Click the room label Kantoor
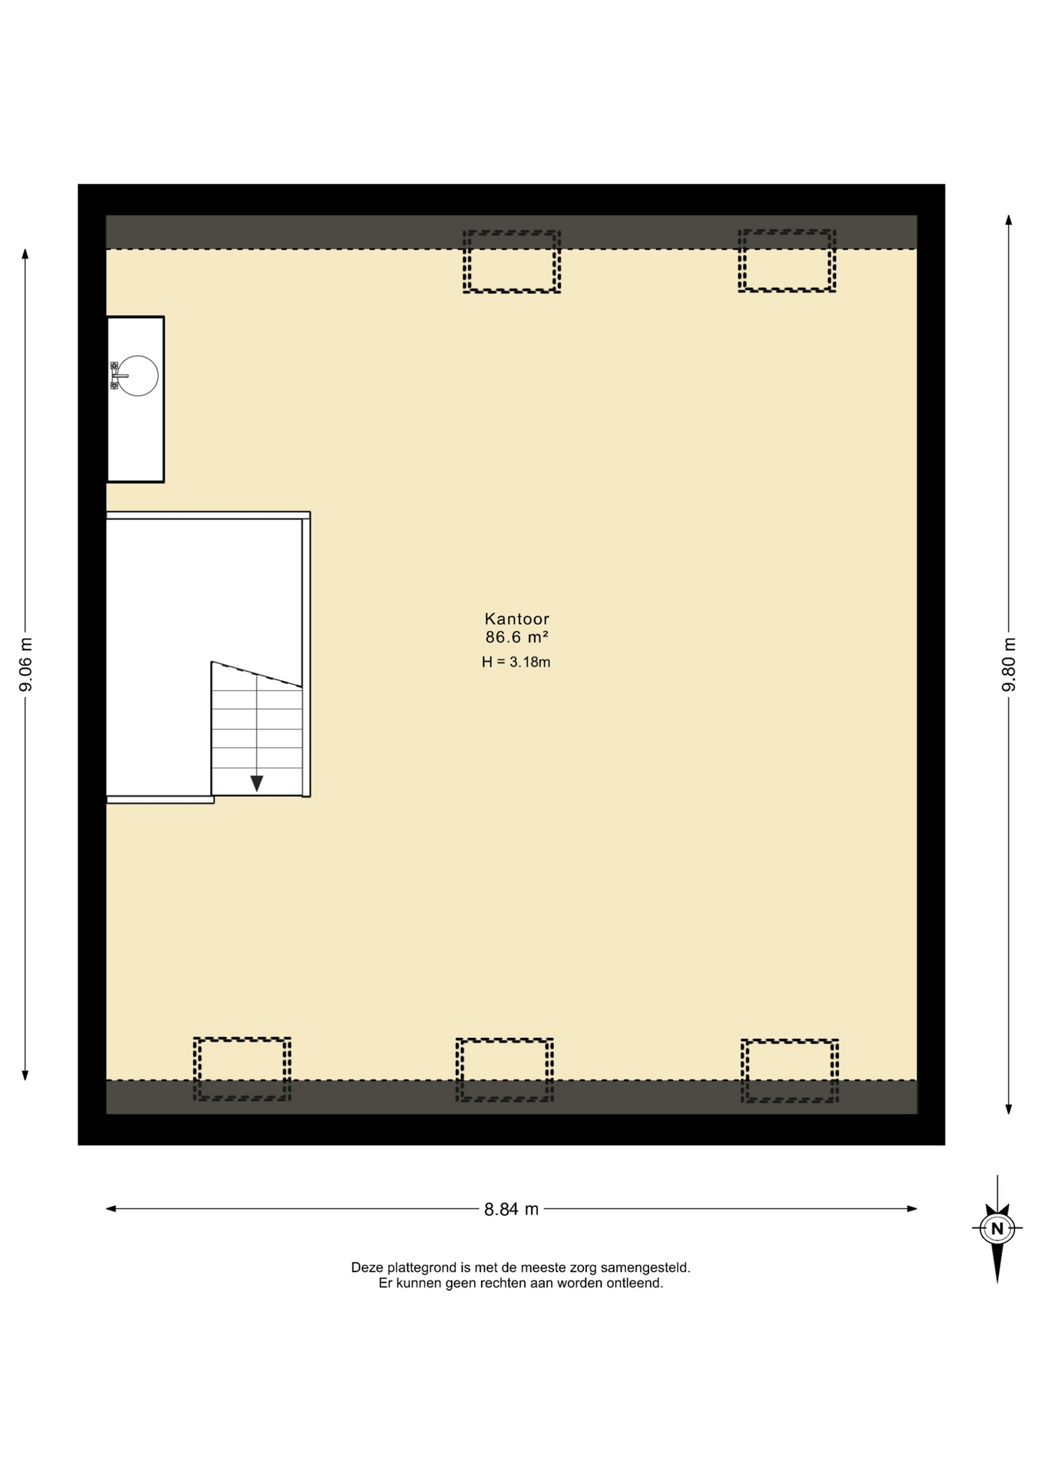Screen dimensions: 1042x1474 pyautogui.click(x=516, y=619)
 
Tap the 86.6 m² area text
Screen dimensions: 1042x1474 pyautogui.click(x=516, y=637)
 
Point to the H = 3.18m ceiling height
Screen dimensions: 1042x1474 pyautogui.click(x=516, y=662)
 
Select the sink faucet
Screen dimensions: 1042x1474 pyautogui.click(x=117, y=376)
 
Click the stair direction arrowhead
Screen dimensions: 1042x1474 pyautogui.click(x=256, y=784)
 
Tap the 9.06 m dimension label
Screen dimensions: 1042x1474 pyautogui.click(x=25, y=664)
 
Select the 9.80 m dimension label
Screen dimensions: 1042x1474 pyautogui.click(x=1009, y=664)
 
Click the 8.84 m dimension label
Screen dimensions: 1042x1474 pyautogui.click(x=511, y=1209)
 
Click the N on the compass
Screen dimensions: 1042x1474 pyautogui.click(x=997, y=1228)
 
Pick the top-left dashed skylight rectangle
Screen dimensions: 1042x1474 pyautogui.click(x=512, y=262)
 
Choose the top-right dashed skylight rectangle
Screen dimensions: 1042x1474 pyautogui.click(x=787, y=261)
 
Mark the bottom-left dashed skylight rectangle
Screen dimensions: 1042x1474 pyautogui.click(x=242, y=1069)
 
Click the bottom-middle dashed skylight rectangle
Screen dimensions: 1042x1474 pyautogui.click(x=505, y=1070)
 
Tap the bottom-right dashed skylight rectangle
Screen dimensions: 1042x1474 pyautogui.click(x=790, y=1071)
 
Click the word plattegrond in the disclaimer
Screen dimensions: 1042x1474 pyautogui.click(x=421, y=1267)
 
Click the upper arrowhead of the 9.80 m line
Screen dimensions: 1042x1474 pyautogui.click(x=1008, y=220)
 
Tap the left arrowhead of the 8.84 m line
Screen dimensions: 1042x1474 pyautogui.click(x=111, y=1209)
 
